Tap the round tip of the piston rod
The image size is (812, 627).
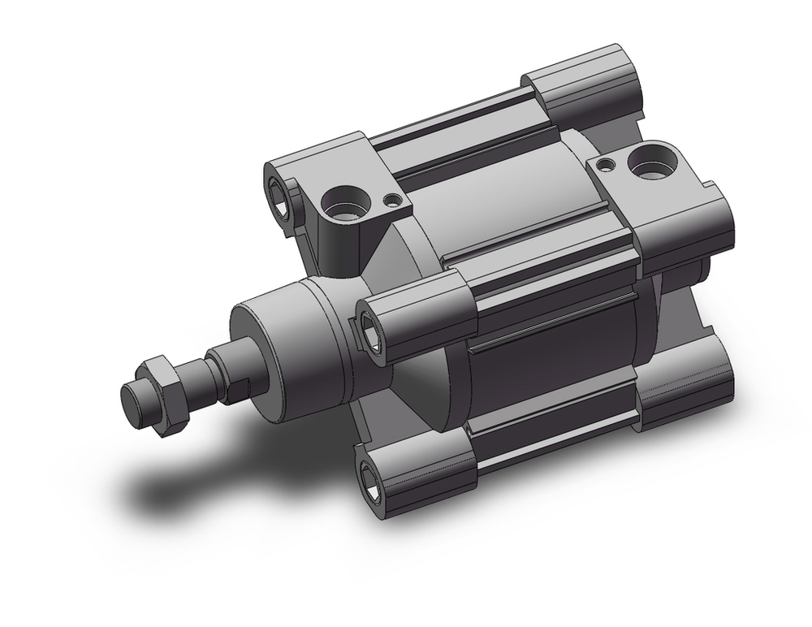point(134,399)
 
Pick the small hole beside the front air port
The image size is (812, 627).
point(393,198)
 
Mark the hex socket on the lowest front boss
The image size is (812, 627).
point(376,480)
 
